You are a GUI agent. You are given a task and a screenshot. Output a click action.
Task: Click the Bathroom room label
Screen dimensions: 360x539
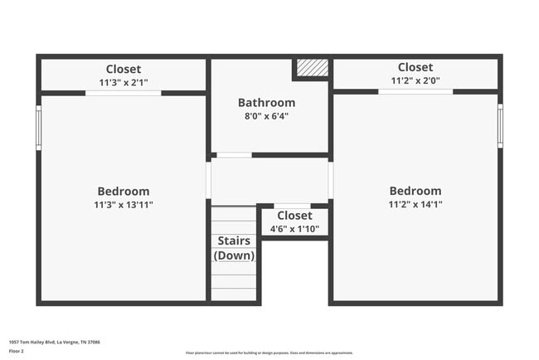click(266, 103)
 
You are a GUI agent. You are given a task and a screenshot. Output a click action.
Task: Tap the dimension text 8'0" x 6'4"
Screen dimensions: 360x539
click(266, 116)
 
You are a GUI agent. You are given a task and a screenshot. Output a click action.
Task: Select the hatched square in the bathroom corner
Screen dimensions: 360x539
click(313, 67)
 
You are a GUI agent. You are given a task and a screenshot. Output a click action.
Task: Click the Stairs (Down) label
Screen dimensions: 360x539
click(234, 248)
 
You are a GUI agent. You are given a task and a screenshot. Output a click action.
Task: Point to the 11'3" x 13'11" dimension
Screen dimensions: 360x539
click(124, 204)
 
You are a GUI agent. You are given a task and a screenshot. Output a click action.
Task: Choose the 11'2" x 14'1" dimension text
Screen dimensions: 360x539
click(415, 204)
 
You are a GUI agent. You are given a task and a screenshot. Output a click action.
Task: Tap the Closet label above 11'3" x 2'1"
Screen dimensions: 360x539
click(124, 69)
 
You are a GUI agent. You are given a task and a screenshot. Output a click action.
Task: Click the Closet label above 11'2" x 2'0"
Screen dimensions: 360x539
click(415, 67)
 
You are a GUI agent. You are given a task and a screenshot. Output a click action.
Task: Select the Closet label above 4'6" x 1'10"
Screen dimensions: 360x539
click(294, 216)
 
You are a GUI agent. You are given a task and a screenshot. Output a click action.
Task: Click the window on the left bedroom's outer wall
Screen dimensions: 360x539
click(38, 127)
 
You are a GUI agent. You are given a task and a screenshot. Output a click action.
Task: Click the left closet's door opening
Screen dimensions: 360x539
click(123, 93)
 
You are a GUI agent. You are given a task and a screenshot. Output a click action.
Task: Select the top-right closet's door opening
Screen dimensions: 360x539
click(415, 91)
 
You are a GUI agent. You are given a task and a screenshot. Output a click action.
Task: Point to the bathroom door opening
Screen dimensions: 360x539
click(234, 155)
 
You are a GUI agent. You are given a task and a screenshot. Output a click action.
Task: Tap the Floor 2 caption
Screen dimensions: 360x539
click(17, 351)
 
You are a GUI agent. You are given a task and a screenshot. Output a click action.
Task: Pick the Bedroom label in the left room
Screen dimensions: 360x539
click(124, 191)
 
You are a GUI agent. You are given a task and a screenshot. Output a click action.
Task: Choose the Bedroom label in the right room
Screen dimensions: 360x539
click(415, 191)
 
